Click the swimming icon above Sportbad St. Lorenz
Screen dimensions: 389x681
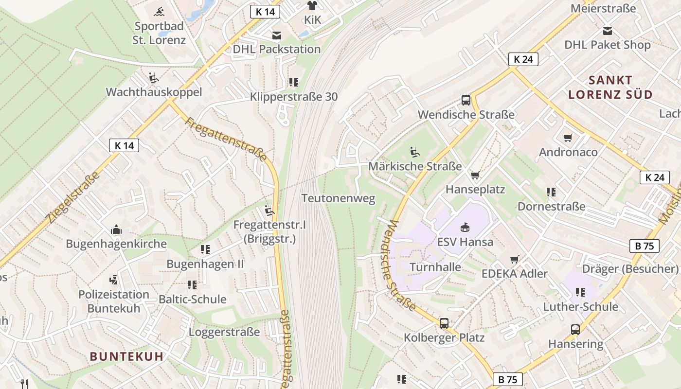coord(160,12)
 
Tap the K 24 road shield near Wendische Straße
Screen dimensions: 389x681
coord(523,59)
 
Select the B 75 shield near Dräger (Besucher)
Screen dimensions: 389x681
coord(645,246)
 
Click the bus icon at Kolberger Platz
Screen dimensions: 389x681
coord(444,323)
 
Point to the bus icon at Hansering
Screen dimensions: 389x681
coord(575,330)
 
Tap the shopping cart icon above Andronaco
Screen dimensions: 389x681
coord(568,138)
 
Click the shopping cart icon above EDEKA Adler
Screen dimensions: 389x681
coord(515,260)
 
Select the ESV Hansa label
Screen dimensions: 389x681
coord(465,242)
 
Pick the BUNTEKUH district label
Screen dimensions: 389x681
coord(126,356)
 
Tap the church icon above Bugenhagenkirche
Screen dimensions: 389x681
coord(116,230)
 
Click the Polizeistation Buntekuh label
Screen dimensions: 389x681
coord(114,301)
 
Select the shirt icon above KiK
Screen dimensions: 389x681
coord(312,5)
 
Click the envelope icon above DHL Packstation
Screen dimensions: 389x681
coord(276,35)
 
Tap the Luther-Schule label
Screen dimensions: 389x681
coord(580,307)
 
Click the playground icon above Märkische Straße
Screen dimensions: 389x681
coord(415,152)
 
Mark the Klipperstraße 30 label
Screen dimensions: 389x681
coord(294,97)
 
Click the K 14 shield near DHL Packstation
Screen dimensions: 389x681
coord(265,12)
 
